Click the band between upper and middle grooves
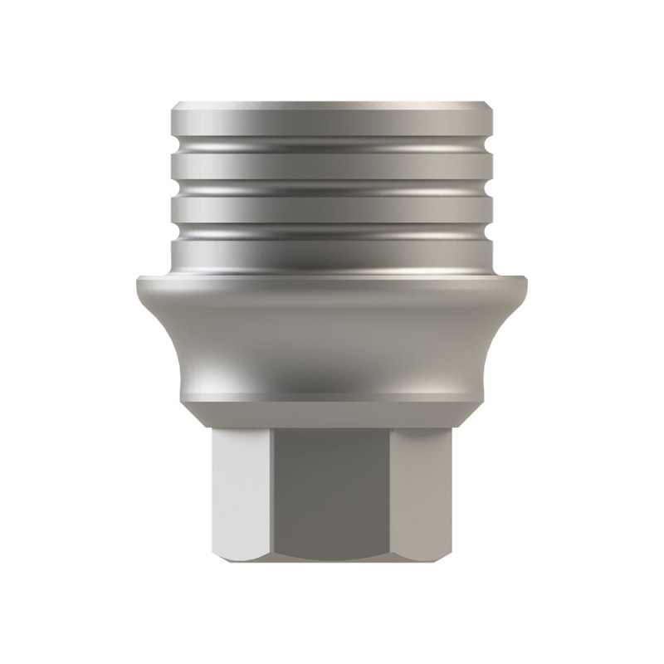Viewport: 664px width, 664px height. (x=332, y=168)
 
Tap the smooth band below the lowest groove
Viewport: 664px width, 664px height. (x=332, y=249)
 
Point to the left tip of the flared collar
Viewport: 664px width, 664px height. (x=134, y=282)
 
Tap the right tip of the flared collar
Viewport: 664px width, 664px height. (x=530, y=282)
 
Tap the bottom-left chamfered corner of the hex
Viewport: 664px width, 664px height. (x=219, y=559)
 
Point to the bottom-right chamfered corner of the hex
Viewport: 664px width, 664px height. (x=445, y=559)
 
